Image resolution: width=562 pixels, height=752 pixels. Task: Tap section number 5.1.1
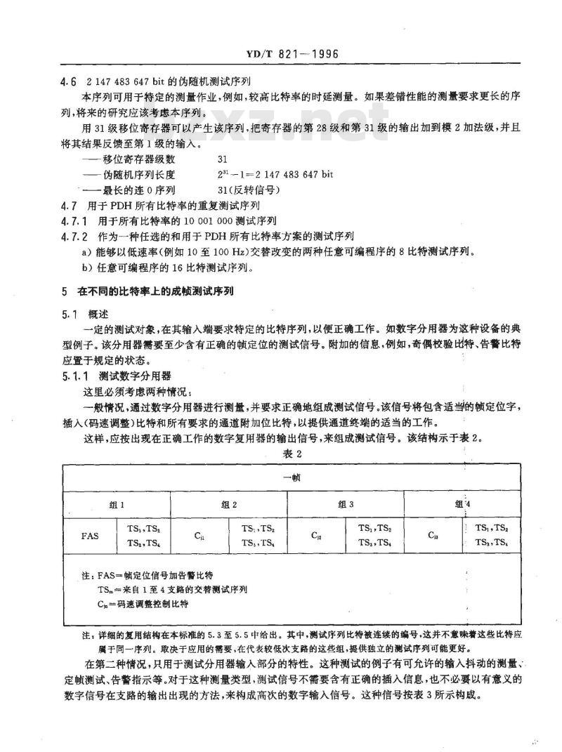click(74, 375)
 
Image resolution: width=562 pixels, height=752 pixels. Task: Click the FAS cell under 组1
click(90, 536)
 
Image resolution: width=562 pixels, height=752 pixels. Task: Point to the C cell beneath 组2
click(200, 536)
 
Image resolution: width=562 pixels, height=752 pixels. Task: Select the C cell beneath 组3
click(316, 536)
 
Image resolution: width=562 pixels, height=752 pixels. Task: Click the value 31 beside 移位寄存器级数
click(223, 160)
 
